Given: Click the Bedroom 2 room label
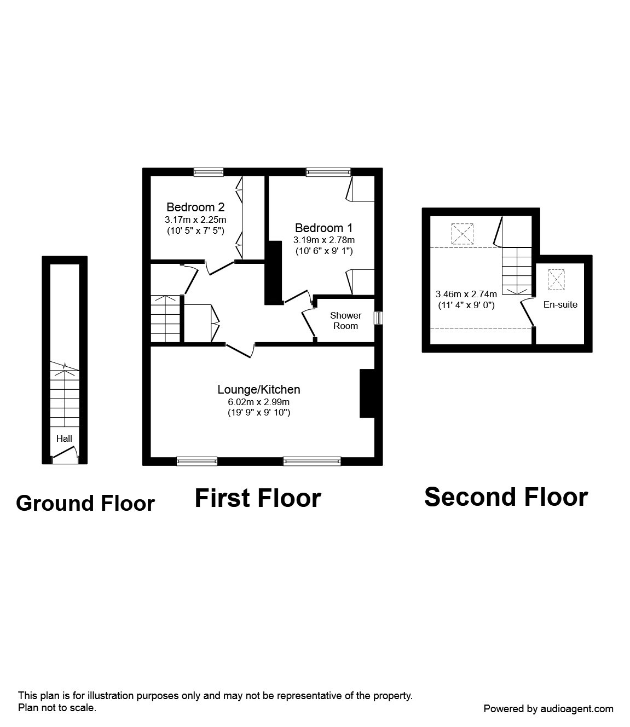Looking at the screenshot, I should tap(195, 207).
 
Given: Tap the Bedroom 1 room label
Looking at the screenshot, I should tap(323, 228).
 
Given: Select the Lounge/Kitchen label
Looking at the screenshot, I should tap(259, 390).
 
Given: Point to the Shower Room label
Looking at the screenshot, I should tap(345, 321).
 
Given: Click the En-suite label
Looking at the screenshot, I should tap(560, 305).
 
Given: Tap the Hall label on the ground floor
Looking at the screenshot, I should tap(64, 438).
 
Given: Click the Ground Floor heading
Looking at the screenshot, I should tap(85, 503).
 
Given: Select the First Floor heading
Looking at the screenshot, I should tap(258, 499).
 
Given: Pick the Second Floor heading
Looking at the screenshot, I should tap(506, 497).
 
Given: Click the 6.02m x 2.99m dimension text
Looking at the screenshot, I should tap(259, 402).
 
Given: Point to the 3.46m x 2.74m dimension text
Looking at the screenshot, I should tap(466, 294).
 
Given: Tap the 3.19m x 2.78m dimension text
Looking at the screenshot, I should tap(323, 240).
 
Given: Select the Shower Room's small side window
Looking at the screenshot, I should tap(378, 318).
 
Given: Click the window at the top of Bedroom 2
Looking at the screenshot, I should tap(209, 172).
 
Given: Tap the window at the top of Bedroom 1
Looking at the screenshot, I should tap(328, 172).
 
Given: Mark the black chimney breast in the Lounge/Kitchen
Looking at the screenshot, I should tap(367, 394).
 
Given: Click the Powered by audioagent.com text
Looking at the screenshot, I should tap(548, 709).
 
